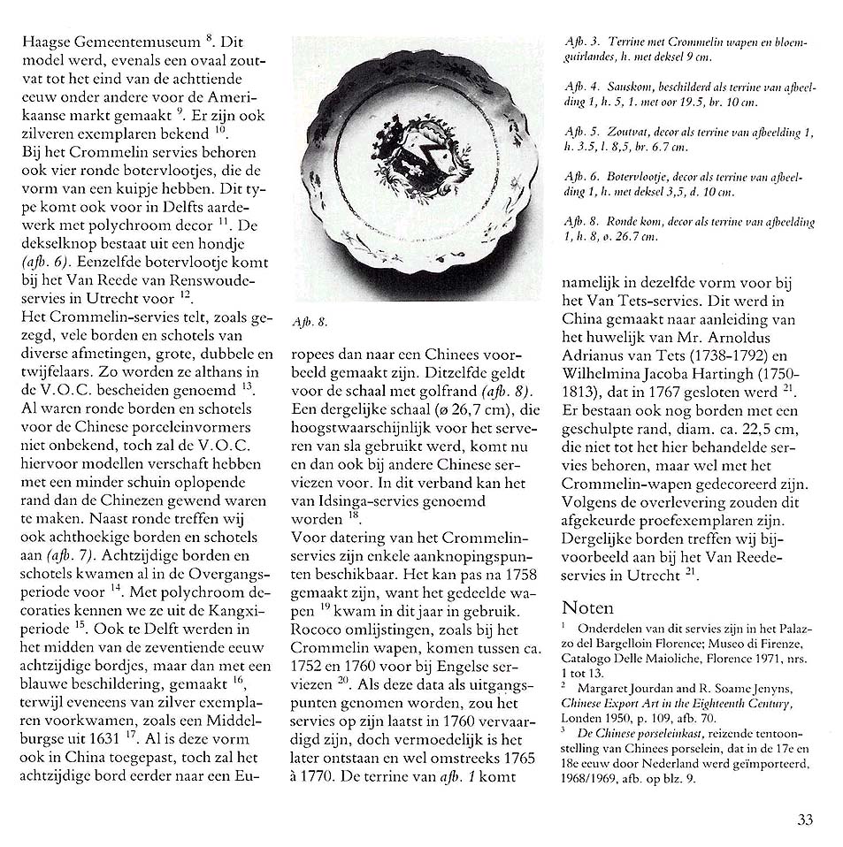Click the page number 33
click(x=803, y=819)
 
